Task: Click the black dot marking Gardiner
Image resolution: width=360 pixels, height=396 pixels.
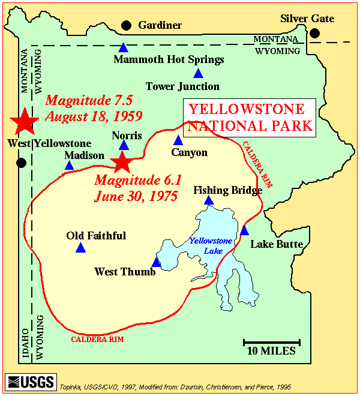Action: pyautogui.click(x=126, y=25)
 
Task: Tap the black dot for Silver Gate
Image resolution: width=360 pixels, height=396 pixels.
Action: pyautogui.click(x=314, y=34)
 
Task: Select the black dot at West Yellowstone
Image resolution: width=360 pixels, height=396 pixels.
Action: pyautogui.click(x=22, y=163)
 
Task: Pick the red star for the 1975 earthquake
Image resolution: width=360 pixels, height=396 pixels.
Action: pyautogui.click(x=122, y=161)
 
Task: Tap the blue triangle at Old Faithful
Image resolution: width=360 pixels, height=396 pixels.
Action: pyautogui.click(x=81, y=248)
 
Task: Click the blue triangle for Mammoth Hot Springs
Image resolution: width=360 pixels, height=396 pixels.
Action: pyautogui.click(x=123, y=47)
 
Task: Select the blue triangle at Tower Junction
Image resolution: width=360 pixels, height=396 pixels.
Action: pyautogui.click(x=198, y=74)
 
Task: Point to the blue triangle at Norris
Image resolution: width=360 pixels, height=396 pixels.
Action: pyautogui.click(x=124, y=145)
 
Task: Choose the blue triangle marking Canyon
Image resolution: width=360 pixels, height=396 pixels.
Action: pyautogui.click(x=178, y=140)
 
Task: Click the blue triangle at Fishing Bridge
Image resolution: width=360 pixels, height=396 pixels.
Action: pyautogui.click(x=209, y=200)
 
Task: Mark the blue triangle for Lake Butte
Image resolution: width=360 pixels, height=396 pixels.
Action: pyautogui.click(x=244, y=230)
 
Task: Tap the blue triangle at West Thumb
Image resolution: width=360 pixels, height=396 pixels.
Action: pyautogui.click(x=157, y=262)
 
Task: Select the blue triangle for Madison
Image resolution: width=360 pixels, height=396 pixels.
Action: pyautogui.click(x=70, y=166)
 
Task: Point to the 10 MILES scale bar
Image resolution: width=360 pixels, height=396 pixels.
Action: pyautogui.click(x=272, y=343)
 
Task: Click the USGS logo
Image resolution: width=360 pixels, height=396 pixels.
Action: pyautogui.click(x=30, y=382)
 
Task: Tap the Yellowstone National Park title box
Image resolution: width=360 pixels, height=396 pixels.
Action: pyautogui.click(x=250, y=117)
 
